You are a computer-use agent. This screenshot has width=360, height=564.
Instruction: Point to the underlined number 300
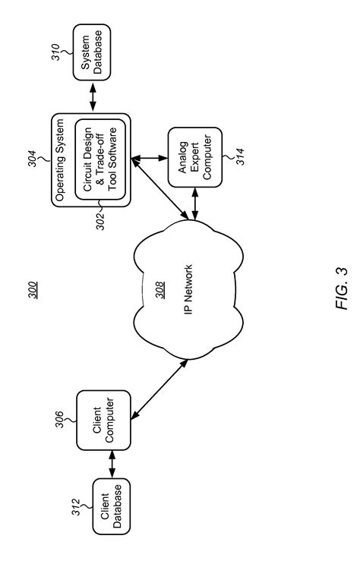[x=36, y=289]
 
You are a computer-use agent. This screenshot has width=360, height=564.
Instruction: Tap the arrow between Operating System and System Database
[x=92, y=98]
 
